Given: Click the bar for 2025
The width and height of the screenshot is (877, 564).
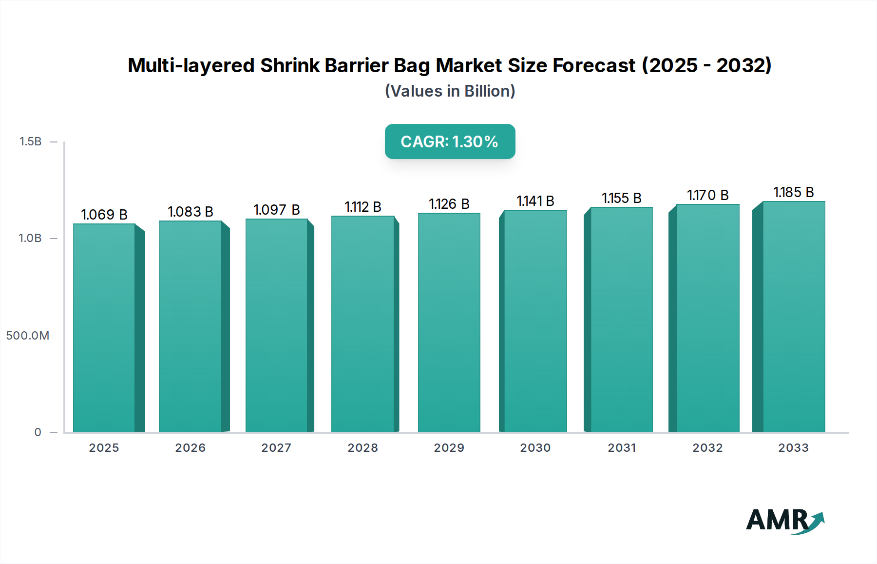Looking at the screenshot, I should click(x=104, y=328).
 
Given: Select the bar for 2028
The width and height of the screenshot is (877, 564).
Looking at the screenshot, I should click(x=362, y=324).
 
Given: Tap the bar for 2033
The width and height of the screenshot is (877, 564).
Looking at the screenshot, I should click(x=794, y=317).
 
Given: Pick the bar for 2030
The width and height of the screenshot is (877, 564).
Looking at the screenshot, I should click(x=535, y=321).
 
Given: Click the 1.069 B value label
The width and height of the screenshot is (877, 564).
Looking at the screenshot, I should click(x=104, y=215).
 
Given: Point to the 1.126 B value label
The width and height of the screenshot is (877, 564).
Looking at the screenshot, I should click(x=449, y=204).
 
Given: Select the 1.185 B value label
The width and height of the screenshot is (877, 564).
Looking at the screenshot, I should click(x=794, y=192).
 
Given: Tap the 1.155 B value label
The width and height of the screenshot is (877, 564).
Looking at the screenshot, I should click(x=622, y=198).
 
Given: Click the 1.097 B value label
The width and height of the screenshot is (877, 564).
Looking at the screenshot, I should click(x=276, y=210).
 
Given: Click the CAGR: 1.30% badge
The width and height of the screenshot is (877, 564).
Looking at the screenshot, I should click(x=450, y=141).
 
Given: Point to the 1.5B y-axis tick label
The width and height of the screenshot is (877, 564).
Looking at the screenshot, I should click(x=31, y=141).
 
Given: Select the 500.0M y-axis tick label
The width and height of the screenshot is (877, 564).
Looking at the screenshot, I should click(x=28, y=336).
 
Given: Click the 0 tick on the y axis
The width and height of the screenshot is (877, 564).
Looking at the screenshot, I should click(x=38, y=432).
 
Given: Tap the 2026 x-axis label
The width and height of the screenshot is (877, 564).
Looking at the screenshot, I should click(x=191, y=448).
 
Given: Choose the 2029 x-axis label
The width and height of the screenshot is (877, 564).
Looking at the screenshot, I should click(x=449, y=448).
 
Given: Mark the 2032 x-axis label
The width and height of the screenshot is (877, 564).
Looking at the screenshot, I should click(x=707, y=448).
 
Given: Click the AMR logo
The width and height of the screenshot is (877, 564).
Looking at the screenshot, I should click(x=784, y=521).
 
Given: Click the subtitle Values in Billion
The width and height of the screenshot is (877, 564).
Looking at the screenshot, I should click(x=450, y=91).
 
